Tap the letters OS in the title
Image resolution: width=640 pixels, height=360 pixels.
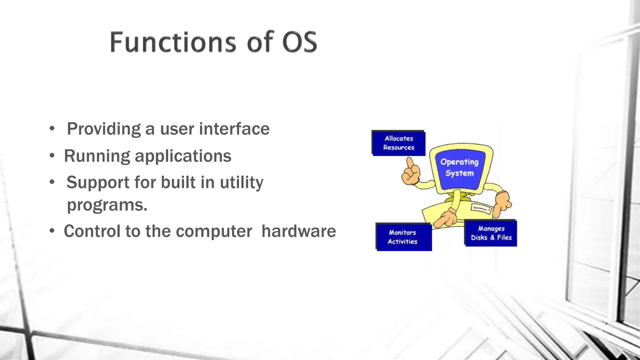(x=300, y=42)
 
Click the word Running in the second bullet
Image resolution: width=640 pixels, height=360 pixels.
(x=97, y=156)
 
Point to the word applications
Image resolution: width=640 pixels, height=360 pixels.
(x=183, y=156)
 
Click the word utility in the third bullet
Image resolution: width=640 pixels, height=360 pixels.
(x=242, y=182)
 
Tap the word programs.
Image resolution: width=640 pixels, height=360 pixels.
(x=107, y=205)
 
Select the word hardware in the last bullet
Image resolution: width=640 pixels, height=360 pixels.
(x=298, y=231)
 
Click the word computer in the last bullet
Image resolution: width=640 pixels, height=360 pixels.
(x=214, y=231)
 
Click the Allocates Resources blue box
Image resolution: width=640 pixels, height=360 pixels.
(x=399, y=143)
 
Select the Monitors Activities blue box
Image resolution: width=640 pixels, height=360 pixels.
(x=403, y=237)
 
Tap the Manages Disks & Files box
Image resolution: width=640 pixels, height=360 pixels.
(x=491, y=233)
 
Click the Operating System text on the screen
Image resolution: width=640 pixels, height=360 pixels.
(x=459, y=167)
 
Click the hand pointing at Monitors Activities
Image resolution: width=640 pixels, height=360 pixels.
(x=445, y=218)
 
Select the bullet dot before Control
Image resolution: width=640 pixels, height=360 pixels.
(x=52, y=231)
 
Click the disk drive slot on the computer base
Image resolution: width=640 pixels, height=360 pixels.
(x=481, y=208)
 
